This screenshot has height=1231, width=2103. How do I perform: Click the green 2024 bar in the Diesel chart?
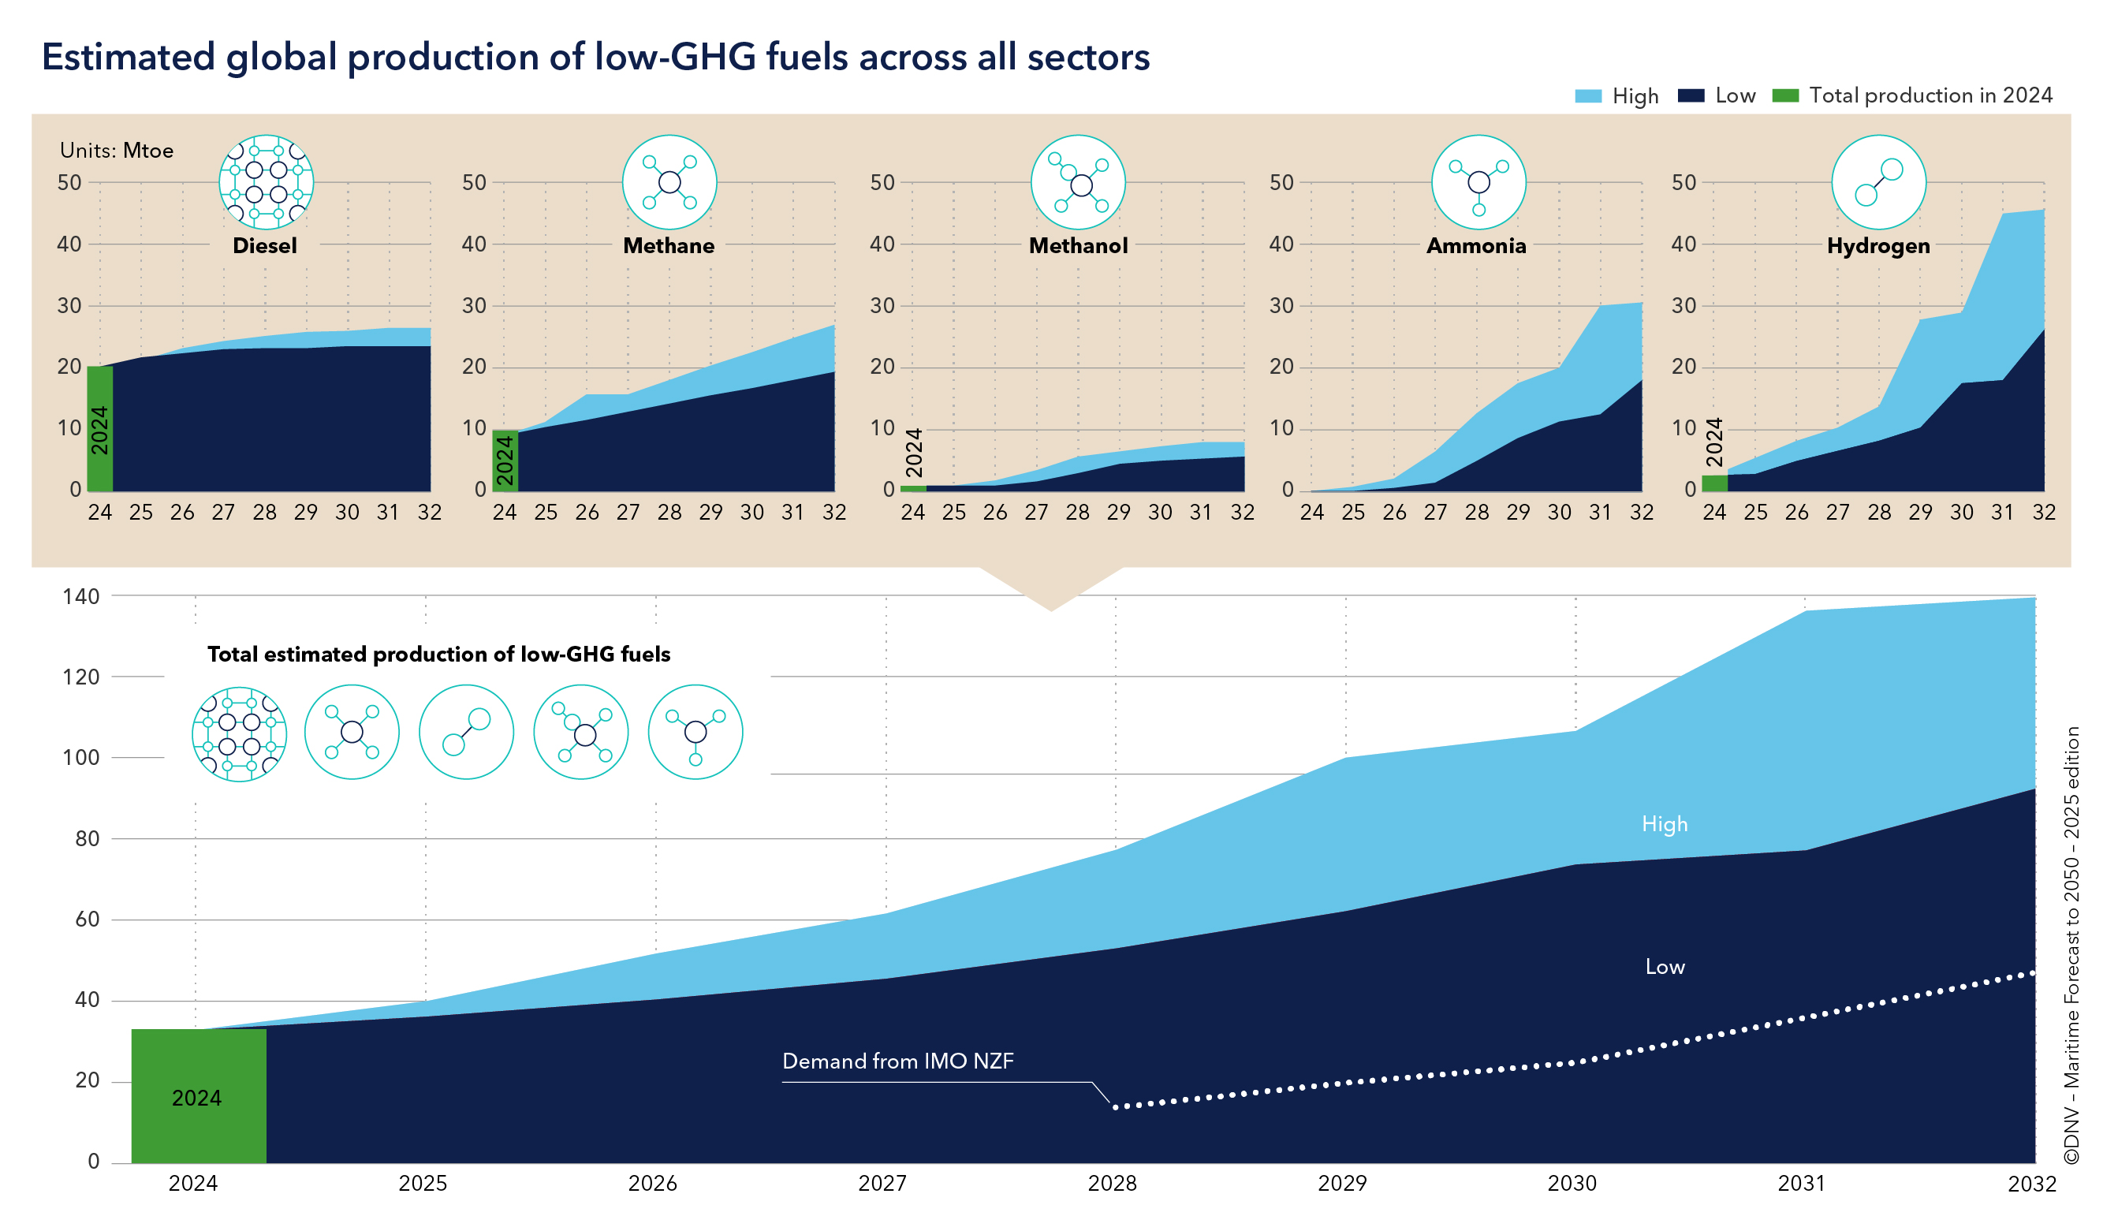(x=100, y=428)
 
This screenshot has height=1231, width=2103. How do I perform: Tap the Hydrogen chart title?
(x=1877, y=246)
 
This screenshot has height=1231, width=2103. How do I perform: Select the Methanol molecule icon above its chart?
(x=1077, y=182)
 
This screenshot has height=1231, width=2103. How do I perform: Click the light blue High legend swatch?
(x=1587, y=96)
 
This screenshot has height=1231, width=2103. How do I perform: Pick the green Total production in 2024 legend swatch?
(x=1785, y=96)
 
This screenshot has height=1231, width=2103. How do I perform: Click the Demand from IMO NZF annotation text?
(x=897, y=1061)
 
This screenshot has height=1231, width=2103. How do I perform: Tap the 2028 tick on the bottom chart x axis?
(x=1113, y=1184)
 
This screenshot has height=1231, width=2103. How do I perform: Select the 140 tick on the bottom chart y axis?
(x=81, y=597)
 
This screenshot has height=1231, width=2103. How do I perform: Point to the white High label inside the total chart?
(x=1664, y=824)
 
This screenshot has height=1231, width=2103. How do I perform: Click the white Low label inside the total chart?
(x=1664, y=967)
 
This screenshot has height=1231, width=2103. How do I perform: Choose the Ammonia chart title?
(x=1475, y=246)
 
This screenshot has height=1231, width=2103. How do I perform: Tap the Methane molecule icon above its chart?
(x=669, y=182)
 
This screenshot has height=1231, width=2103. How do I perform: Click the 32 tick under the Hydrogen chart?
(x=2043, y=513)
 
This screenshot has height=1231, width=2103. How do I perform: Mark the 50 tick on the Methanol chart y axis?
(x=882, y=183)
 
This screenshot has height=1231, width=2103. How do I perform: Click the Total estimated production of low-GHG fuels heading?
(x=439, y=655)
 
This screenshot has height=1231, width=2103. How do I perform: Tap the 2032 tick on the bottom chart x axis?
(x=2031, y=1184)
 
